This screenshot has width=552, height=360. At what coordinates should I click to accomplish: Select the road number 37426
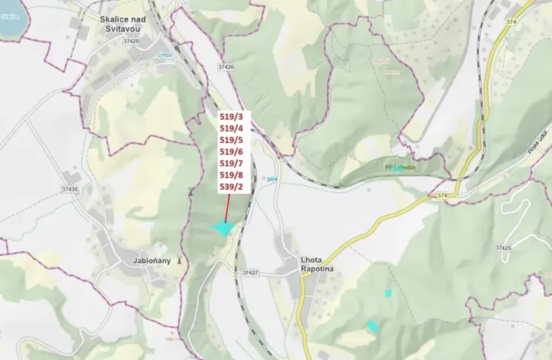[226, 67]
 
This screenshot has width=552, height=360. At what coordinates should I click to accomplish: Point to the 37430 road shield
[69, 188]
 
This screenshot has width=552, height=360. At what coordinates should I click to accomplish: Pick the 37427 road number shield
[249, 273]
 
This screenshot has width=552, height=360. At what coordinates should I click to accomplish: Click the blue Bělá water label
[272, 178]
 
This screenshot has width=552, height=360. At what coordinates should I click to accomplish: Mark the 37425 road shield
[503, 248]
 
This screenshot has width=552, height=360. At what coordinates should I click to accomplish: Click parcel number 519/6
[231, 152]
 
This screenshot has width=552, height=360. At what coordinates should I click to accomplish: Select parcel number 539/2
[231, 186]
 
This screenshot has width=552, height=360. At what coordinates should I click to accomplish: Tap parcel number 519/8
[231, 175]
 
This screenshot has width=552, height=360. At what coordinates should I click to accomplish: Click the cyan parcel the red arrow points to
[222, 228]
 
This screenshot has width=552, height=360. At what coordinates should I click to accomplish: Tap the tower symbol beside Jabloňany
[179, 260]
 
